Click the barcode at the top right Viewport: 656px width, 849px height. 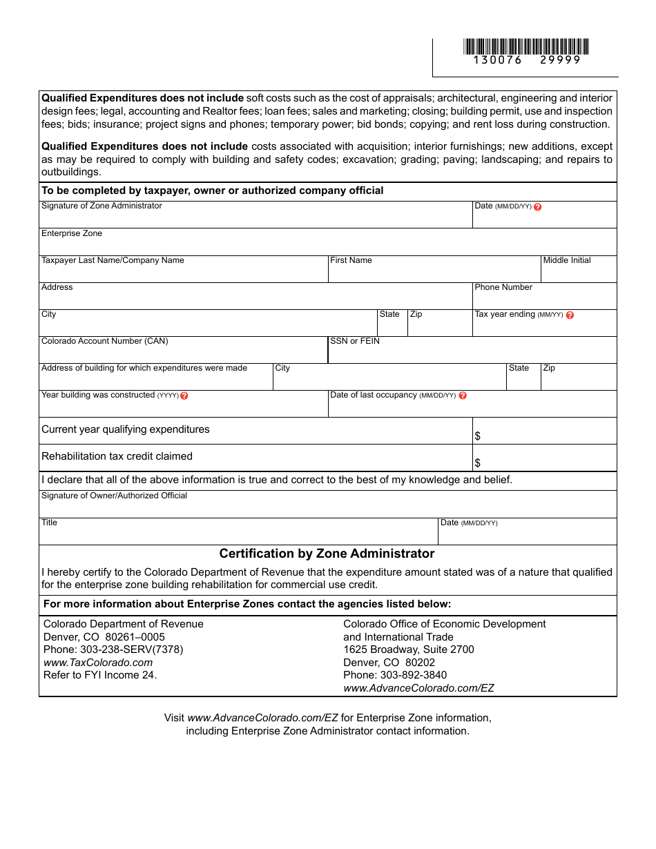pos(526,46)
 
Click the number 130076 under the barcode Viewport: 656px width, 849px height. pos(497,60)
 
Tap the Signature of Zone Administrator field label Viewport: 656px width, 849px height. pos(102,206)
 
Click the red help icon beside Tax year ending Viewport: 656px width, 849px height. pos(570,315)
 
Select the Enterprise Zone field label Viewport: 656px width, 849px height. pos(72,233)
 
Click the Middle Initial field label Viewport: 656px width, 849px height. pos(567,260)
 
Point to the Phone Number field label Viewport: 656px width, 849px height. pos(503,287)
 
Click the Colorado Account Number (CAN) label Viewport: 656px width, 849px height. pos(104,341)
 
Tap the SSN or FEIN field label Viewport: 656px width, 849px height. pos(355,341)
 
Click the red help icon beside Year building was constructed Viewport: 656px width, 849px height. pos(184,396)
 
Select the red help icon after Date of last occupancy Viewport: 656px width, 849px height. pos(463,396)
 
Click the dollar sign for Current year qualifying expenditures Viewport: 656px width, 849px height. pos(478,436)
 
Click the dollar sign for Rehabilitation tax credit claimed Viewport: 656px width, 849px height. pos(478,463)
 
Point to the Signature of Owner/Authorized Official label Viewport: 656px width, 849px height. pos(114,496)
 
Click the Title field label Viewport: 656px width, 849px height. pos(50,523)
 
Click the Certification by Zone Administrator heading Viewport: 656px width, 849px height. pos(327,554)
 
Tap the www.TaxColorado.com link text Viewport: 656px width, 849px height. pos(98,663)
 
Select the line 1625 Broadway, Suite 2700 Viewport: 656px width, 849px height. pos(409,650)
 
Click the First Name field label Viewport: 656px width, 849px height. pos(351,260)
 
